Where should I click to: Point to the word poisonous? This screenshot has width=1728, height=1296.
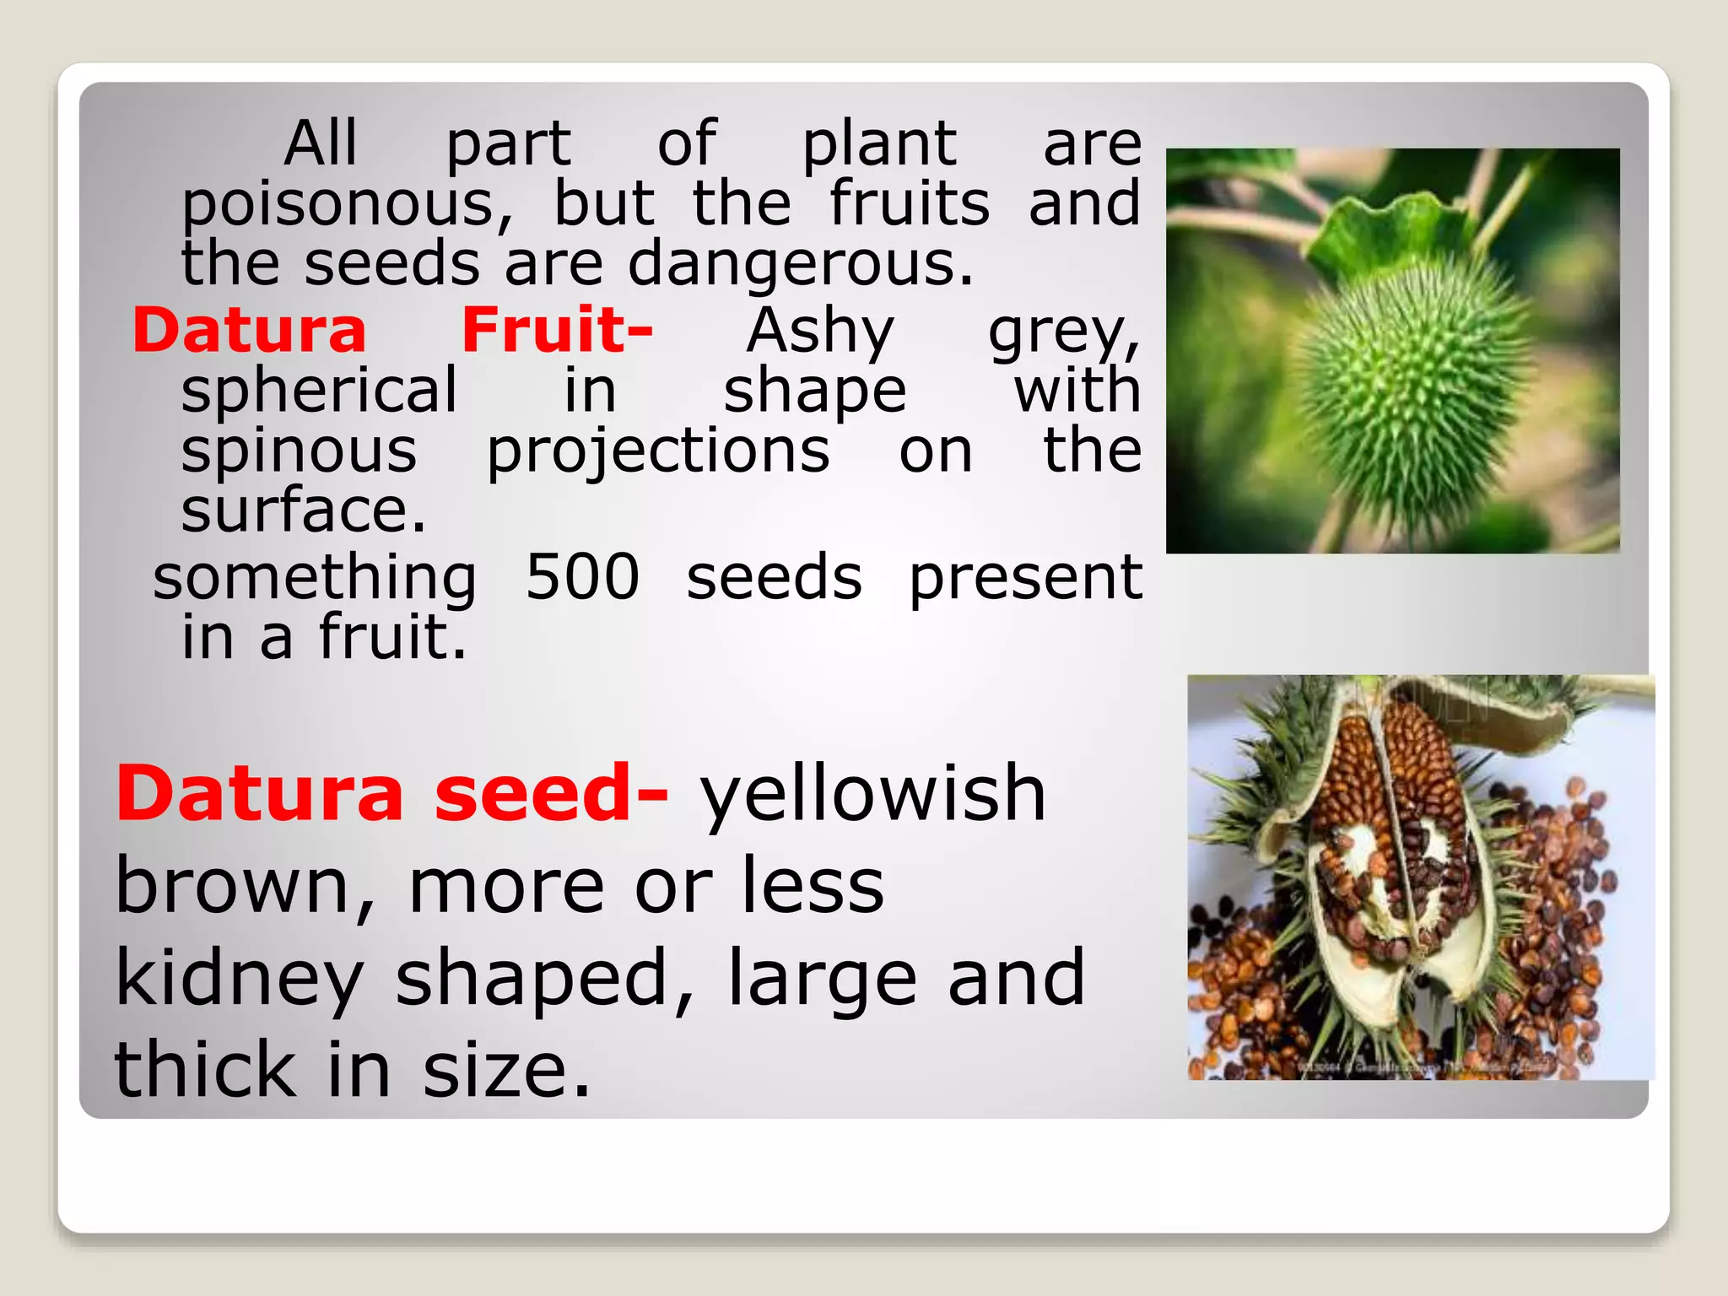[x=347, y=207]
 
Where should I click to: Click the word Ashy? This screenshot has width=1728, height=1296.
[x=820, y=332]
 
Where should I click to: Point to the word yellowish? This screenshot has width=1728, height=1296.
[x=873, y=795]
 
